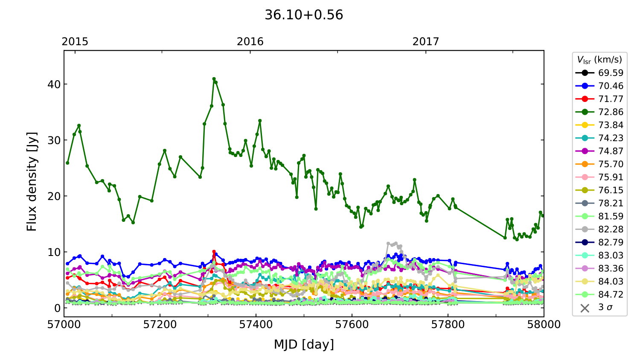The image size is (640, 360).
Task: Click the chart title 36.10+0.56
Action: pyautogui.click(x=304, y=15)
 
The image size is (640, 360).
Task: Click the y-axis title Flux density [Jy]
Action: pyautogui.click(x=32, y=181)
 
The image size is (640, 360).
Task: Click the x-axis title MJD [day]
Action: pyautogui.click(x=304, y=344)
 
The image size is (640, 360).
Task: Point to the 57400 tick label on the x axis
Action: pyautogui.click(x=256, y=325)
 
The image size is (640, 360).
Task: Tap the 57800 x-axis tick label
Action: pyautogui.click(x=448, y=325)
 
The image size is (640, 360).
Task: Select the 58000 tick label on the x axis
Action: pyautogui.click(x=544, y=325)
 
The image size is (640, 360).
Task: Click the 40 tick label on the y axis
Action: pyautogui.click(x=54, y=84)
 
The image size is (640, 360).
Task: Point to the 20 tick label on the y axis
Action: pyautogui.click(x=54, y=196)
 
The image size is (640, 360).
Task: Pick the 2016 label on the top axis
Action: pyautogui.click(x=250, y=41)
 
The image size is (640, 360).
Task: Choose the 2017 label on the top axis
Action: pyautogui.click(x=425, y=41)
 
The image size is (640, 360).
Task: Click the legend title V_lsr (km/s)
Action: pyautogui.click(x=599, y=60)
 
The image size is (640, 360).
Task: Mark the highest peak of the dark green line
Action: pyautogui.click(x=214, y=79)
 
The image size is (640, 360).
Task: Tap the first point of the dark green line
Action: pyautogui.click(x=67, y=163)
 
